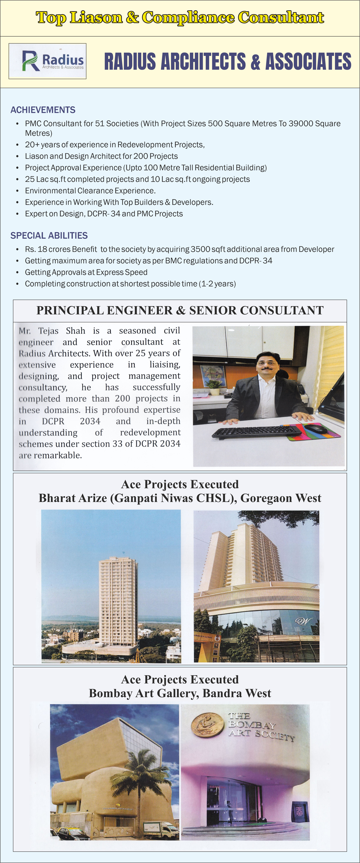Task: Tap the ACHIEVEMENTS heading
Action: [43, 110]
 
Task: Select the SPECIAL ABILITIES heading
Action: [49, 235]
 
